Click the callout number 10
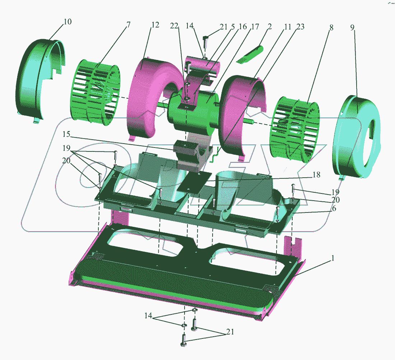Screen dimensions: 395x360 coord(68,22)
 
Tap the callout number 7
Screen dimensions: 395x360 coord(129,25)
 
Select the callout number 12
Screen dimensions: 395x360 coord(155,25)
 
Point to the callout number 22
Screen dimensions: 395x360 coord(174,26)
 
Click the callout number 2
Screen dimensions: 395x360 coord(270,26)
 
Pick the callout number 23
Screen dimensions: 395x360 coord(300,27)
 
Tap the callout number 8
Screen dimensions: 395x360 coord(331,27)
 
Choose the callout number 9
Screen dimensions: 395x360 coord(352,27)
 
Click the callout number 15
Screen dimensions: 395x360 coord(66,134)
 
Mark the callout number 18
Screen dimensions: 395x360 coord(316,174)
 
